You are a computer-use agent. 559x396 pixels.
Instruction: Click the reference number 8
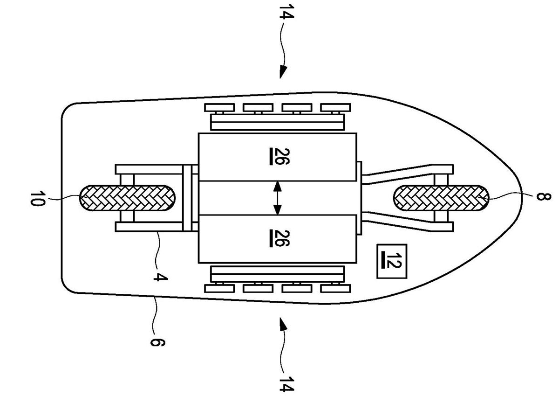(540, 196)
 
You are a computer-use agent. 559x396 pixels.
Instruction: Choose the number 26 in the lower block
(277, 239)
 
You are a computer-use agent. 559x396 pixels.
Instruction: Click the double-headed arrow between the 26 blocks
(277, 198)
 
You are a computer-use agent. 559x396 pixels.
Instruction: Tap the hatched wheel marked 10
(128, 198)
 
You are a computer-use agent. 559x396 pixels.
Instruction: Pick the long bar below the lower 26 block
(278, 274)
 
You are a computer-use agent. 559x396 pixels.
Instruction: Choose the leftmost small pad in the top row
(219, 108)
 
